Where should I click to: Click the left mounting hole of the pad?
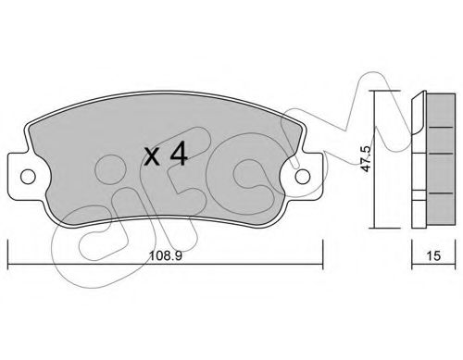coord(28,177)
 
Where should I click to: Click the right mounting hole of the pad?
coord(302,177)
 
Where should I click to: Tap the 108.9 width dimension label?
coord(166,255)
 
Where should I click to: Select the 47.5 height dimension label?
coord(366,158)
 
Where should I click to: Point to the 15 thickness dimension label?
coord(433,255)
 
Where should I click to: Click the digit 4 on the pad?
coord(179,154)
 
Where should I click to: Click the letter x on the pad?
coord(153,156)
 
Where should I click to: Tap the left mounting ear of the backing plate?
coord(25,177)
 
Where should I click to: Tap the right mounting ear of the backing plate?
coord(305,177)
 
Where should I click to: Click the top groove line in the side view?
coord(442,127)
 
